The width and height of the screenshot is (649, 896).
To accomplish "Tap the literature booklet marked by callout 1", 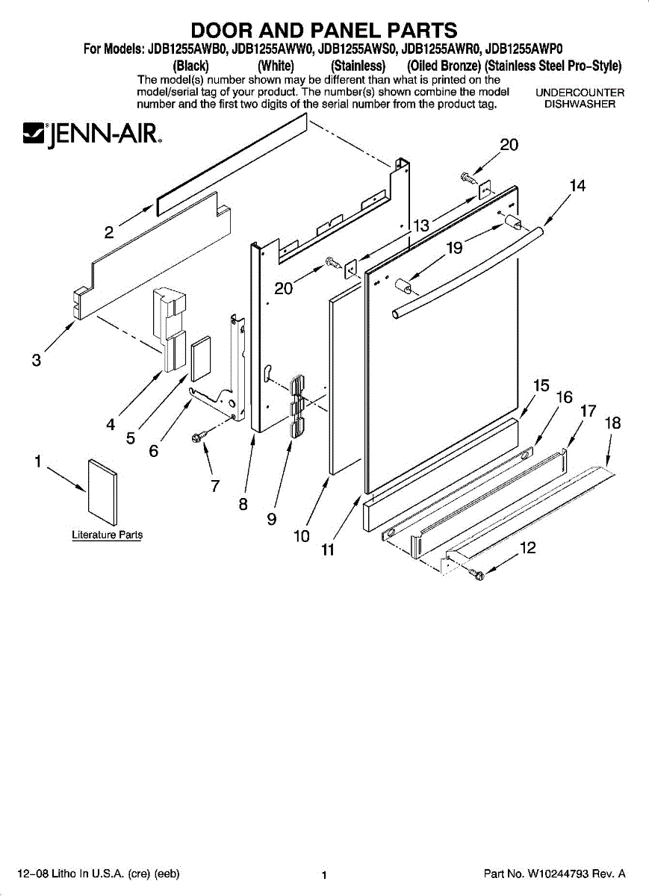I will pos(102,491).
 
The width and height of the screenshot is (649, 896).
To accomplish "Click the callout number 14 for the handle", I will pos(577,187).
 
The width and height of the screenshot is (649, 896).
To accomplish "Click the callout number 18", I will pos(612,423).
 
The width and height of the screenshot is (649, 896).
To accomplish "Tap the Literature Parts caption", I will pos(107,535).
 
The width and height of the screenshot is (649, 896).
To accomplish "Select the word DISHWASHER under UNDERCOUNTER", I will pos(580,105).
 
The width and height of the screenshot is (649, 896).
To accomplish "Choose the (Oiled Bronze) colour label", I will pos(444,66).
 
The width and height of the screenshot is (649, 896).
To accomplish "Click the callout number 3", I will pos(36,360).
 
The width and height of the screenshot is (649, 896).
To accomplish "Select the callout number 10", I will pos(301,535).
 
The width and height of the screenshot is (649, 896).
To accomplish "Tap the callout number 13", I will pos(422,225).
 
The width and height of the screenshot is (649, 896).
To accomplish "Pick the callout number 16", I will pos(565,397).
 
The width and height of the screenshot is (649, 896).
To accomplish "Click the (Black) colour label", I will pos(190,66).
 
